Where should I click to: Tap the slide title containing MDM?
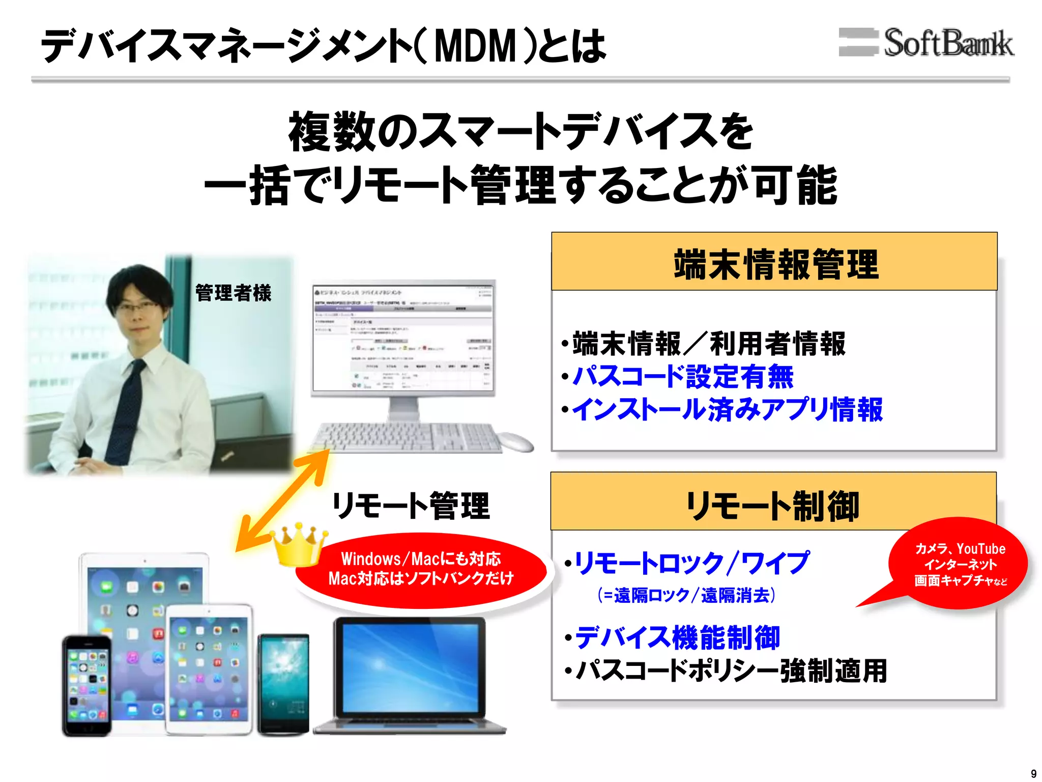coord(324,46)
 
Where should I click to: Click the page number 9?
coord(1033,773)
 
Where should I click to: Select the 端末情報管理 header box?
coord(774,262)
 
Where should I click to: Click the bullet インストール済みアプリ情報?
coord(728,410)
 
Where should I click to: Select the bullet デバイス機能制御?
coord(677,638)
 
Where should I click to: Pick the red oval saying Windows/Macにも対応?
coord(421,569)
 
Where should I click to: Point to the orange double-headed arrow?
coord(283,502)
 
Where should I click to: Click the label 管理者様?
coord(234,293)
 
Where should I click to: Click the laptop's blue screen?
coord(410,667)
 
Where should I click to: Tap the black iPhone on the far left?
coord(86,685)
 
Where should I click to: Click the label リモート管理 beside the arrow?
coord(411,506)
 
